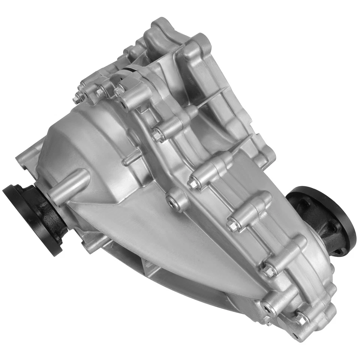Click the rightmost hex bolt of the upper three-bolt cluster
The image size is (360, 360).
pos(120,90)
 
